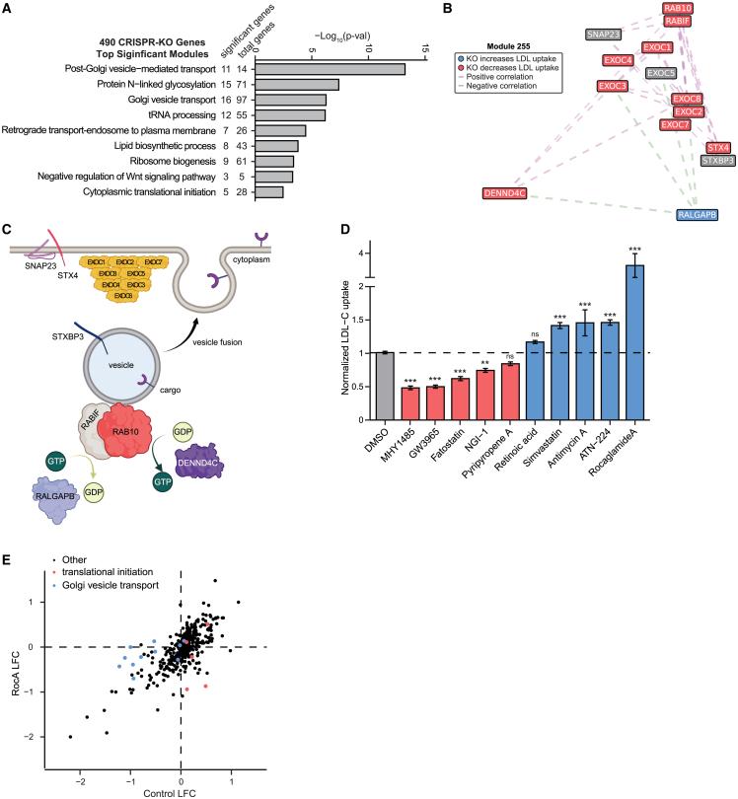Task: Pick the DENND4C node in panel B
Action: click(x=509, y=192)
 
